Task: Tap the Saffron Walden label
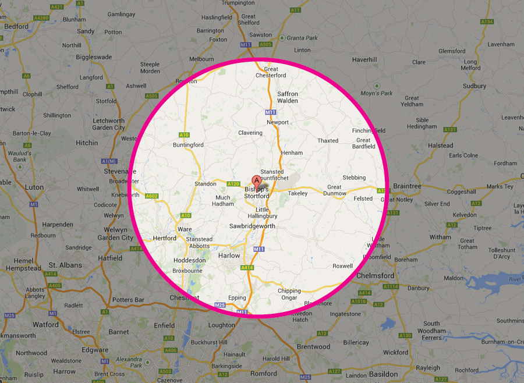pos(288,97)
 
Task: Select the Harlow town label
pos(229,256)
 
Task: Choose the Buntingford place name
pos(189,145)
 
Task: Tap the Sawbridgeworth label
pos(252,226)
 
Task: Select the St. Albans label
pos(65,265)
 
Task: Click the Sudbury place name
pos(475,86)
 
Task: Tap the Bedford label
pos(16,26)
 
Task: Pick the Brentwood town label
pos(313,346)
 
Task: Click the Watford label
pos(45,324)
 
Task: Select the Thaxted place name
pos(328,140)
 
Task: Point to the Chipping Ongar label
pos(289,295)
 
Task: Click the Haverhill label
pos(365,59)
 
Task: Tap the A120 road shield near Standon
pos(233,184)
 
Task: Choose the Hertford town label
pos(165,238)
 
